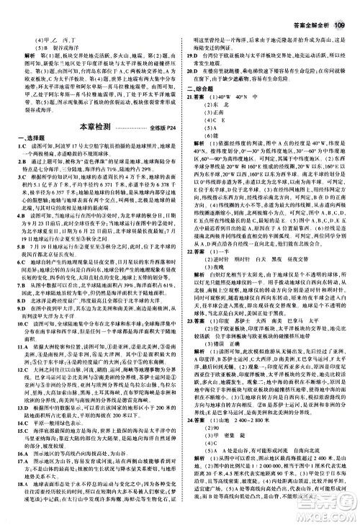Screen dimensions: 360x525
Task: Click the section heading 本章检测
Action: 99,127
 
